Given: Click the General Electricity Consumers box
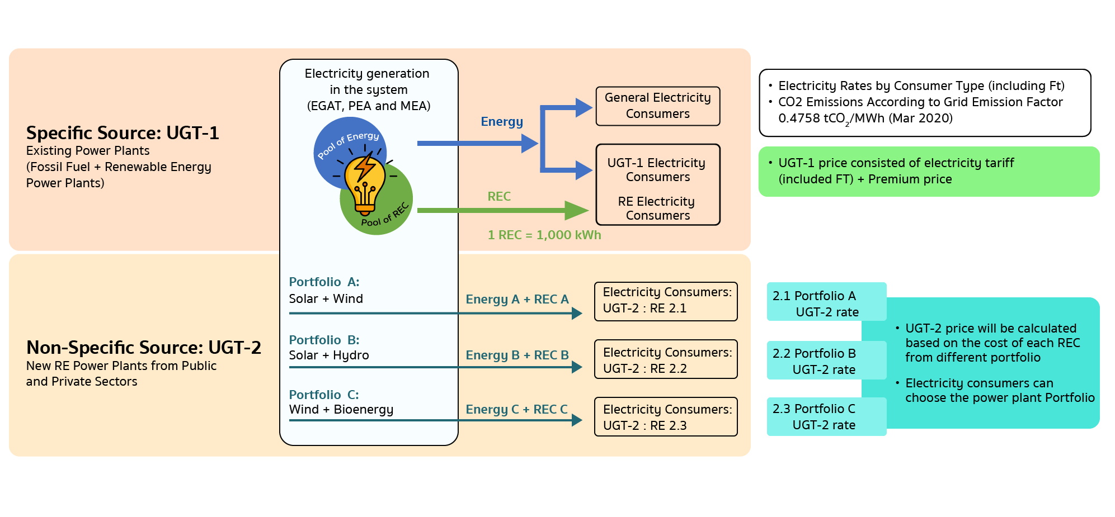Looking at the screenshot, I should click(x=657, y=106).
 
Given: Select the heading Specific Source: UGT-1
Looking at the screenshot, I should click(x=123, y=133).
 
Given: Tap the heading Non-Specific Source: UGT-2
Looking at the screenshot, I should click(x=143, y=348).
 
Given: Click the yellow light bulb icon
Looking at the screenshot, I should click(x=365, y=183).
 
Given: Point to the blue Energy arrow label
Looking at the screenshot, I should click(x=502, y=122).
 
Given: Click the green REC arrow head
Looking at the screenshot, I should click(x=577, y=211).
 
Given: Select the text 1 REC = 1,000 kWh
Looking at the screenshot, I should click(x=544, y=235).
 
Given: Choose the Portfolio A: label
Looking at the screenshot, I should click(x=324, y=282).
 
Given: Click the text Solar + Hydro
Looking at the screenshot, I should click(x=329, y=355).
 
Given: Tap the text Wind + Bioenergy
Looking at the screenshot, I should click(x=341, y=410).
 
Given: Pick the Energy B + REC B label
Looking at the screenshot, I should click(x=517, y=355).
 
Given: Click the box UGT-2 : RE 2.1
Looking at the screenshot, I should click(x=666, y=302).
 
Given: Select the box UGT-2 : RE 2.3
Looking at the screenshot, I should click(x=666, y=417).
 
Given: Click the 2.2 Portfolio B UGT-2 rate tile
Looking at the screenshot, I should click(x=826, y=361).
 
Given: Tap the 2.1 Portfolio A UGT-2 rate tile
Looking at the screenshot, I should click(x=826, y=303).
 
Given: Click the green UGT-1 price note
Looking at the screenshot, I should click(x=929, y=172).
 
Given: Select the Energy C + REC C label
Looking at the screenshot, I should click(x=516, y=410).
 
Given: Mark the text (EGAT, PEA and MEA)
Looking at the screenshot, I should click(x=369, y=106).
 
